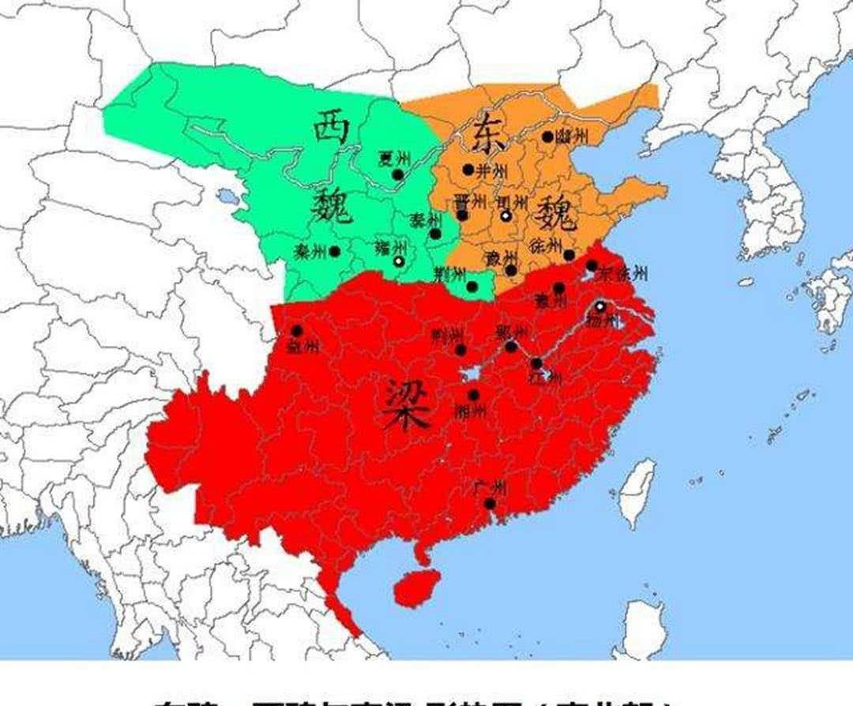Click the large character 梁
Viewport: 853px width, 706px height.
coord(408,404)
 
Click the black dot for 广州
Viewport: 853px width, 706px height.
coord(490,503)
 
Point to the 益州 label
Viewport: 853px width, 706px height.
coord(304,346)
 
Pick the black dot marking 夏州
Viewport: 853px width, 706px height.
coord(398,175)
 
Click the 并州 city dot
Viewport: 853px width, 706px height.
coord(468,169)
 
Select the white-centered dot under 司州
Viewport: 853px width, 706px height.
coord(505,215)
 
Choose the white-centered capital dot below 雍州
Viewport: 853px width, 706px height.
coord(399,261)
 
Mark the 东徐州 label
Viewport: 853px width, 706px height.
coord(624,274)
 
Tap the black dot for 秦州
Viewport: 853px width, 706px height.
coord(334,251)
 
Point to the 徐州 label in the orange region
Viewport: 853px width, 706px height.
coord(547,244)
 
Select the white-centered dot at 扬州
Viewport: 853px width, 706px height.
coord(600,306)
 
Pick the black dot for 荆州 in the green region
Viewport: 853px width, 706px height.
coord(472,286)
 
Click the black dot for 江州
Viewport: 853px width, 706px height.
coord(537,363)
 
